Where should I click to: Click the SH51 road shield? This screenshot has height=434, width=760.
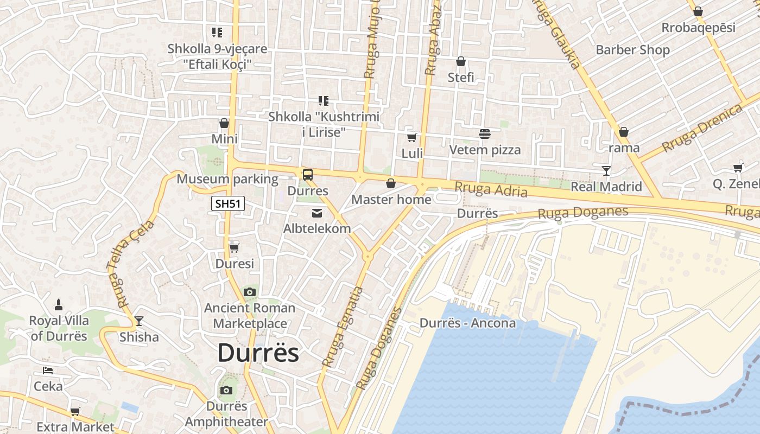228,204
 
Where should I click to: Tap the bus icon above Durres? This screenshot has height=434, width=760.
308,175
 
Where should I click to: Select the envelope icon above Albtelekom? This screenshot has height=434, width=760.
317,213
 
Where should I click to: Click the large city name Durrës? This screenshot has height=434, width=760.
258,353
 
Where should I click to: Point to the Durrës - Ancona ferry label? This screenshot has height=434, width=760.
467,323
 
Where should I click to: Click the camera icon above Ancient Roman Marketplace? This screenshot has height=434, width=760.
250,292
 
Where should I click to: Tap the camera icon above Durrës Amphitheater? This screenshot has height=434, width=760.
226,390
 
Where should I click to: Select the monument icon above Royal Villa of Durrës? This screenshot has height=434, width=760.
59,305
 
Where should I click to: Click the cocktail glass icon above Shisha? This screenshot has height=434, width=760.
139,321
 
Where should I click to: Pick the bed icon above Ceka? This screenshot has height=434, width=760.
48,371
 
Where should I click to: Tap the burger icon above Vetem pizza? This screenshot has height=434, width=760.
484,133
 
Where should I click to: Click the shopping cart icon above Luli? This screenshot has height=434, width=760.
412,137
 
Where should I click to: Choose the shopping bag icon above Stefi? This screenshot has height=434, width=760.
461,61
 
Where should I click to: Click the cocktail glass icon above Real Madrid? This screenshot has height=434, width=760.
606,171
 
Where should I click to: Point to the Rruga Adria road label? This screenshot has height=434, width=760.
491,189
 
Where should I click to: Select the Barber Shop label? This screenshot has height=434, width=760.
632,50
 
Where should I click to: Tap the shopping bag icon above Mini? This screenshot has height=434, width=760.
224,123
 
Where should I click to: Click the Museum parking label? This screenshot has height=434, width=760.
227,179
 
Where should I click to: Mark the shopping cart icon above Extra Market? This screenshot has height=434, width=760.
75,411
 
